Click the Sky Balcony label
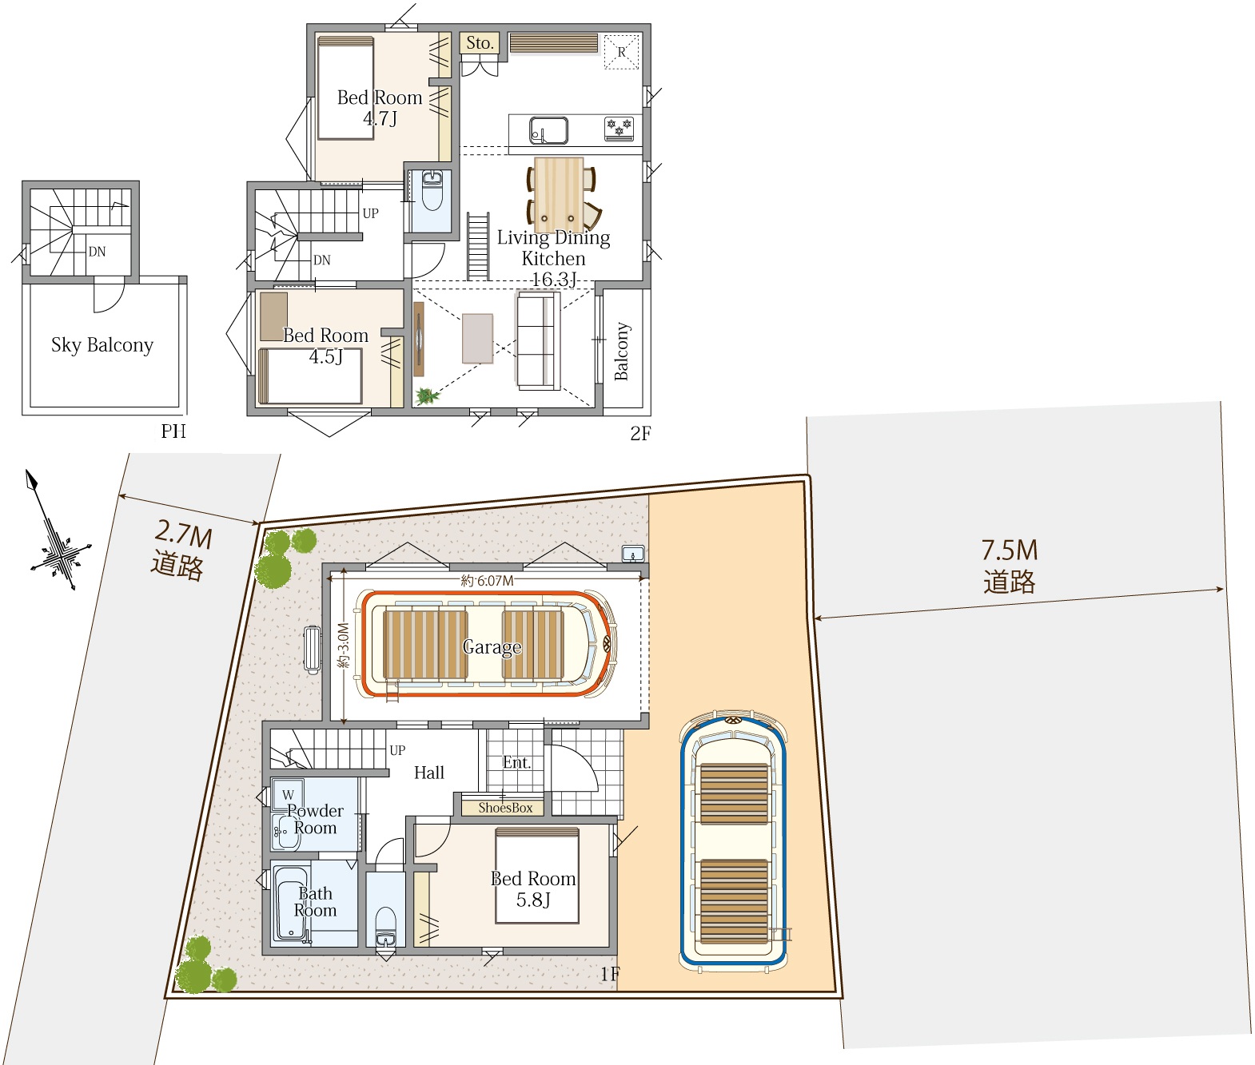point(102,344)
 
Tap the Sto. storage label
point(480,42)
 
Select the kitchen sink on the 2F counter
point(549,130)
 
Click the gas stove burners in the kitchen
point(620,129)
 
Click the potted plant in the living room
point(427,396)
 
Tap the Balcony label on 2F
point(622,352)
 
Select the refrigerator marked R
point(622,52)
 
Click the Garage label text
point(492,647)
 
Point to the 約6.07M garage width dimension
point(487,581)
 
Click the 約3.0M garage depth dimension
point(343,646)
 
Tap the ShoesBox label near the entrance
point(505,808)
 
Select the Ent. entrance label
point(516,762)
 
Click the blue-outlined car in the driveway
point(734,841)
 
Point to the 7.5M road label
point(1010,566)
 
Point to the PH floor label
point(173,431)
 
